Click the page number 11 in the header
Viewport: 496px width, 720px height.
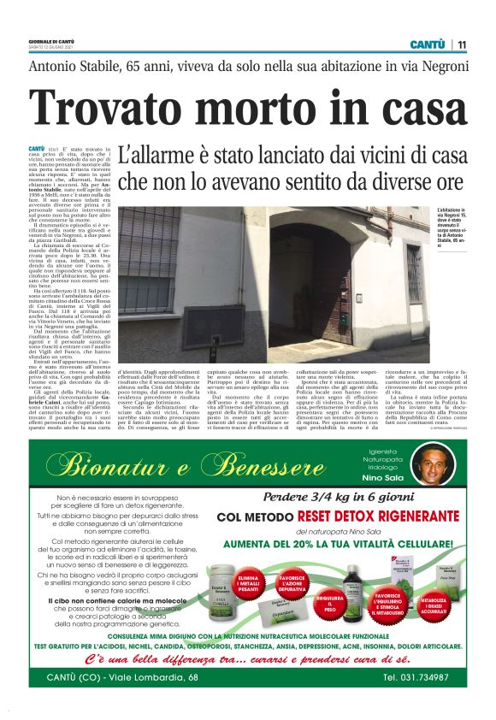462,44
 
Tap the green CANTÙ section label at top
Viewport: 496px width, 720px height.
427,44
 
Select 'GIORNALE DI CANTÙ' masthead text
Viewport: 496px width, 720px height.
50,39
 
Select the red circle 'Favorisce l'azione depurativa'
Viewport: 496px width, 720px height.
292,575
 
